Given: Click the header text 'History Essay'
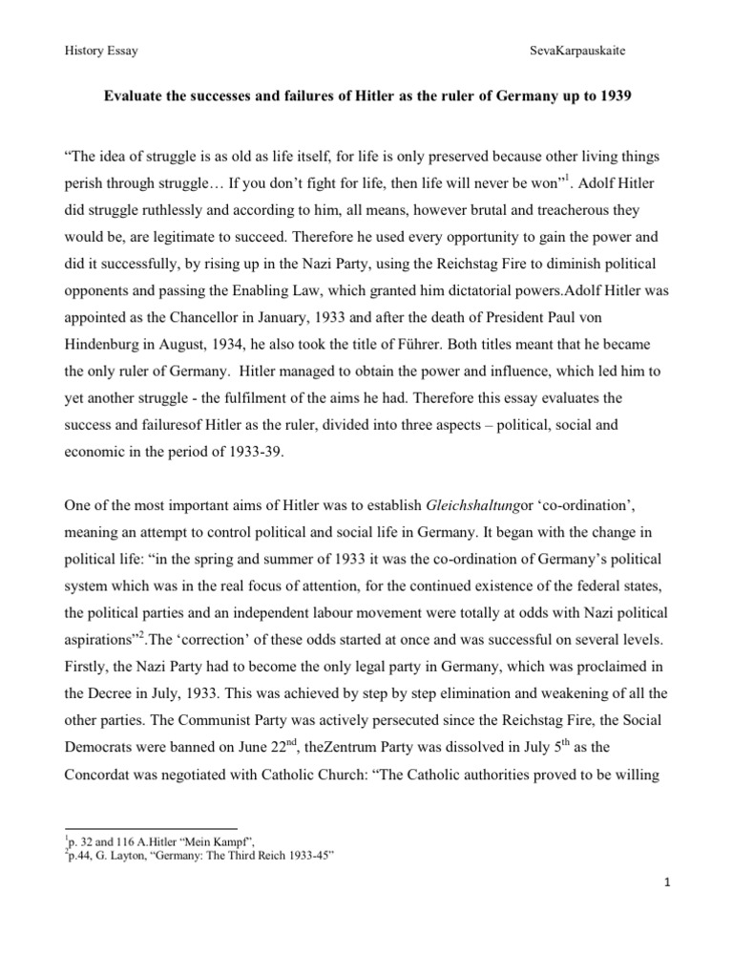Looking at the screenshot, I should pyautogui.click(x=99, y=51).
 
